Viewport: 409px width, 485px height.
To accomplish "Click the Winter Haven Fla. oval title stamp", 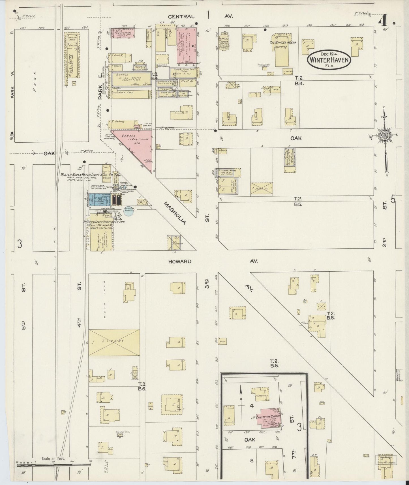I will click(x=329, y=59).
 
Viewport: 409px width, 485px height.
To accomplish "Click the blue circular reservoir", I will click(x=129, y=211).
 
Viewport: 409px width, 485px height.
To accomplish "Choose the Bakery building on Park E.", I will click(x=122, y=124).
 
